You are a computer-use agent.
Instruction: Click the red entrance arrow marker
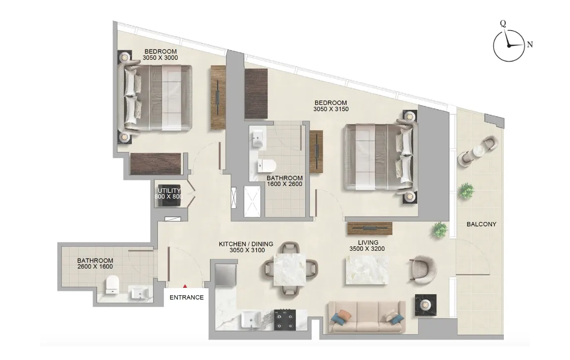coord(186,286)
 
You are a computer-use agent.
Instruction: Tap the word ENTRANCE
coord(187,298)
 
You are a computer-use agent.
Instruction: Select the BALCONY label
coord(481,224)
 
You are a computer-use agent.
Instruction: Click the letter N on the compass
coord(530,45)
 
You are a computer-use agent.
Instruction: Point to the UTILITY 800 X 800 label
coord(169,193)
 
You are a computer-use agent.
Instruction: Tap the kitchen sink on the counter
coord(250,320)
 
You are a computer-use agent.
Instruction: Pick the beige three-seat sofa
coord(367,317)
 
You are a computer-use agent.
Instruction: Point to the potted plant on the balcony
coord(466,190)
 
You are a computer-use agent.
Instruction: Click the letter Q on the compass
coord(503,23)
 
